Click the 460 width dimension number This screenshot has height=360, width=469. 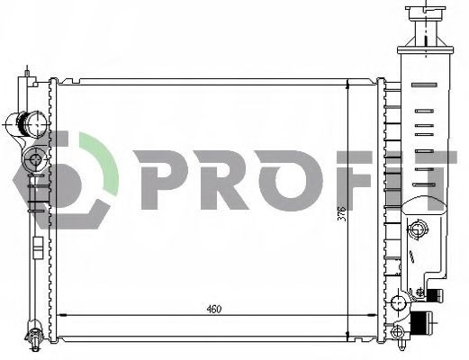click(213, 310)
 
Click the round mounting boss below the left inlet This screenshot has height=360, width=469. click(35, 159)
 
